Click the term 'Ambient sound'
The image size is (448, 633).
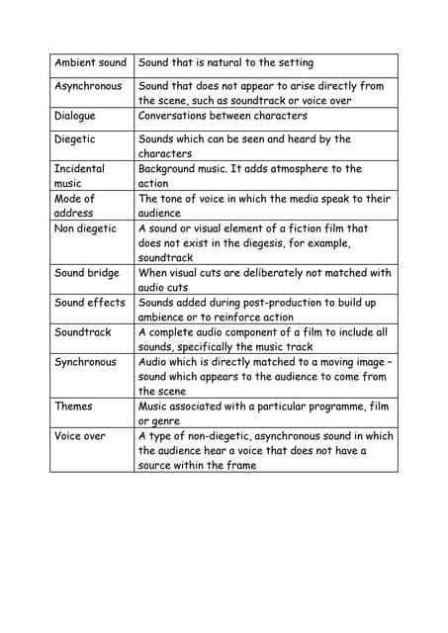coord(90,63)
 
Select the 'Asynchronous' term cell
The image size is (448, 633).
coord(88,86)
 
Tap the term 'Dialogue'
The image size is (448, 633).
coord(75,116)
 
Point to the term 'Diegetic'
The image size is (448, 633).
coord(75,139)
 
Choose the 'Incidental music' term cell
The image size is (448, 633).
coord(79,176)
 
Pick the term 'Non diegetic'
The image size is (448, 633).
coord(85,228)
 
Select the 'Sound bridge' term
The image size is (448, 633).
coord(87,273)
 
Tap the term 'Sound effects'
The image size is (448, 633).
coord(90,303)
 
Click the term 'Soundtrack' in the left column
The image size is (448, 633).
coord(83,332)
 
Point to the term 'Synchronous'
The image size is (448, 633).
coord(85,362)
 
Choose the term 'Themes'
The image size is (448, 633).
coord(73,407)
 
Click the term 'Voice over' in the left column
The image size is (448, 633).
coord(80,436)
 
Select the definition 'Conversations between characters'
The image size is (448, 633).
coord(223,116)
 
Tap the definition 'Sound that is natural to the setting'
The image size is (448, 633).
coord(225,63)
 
